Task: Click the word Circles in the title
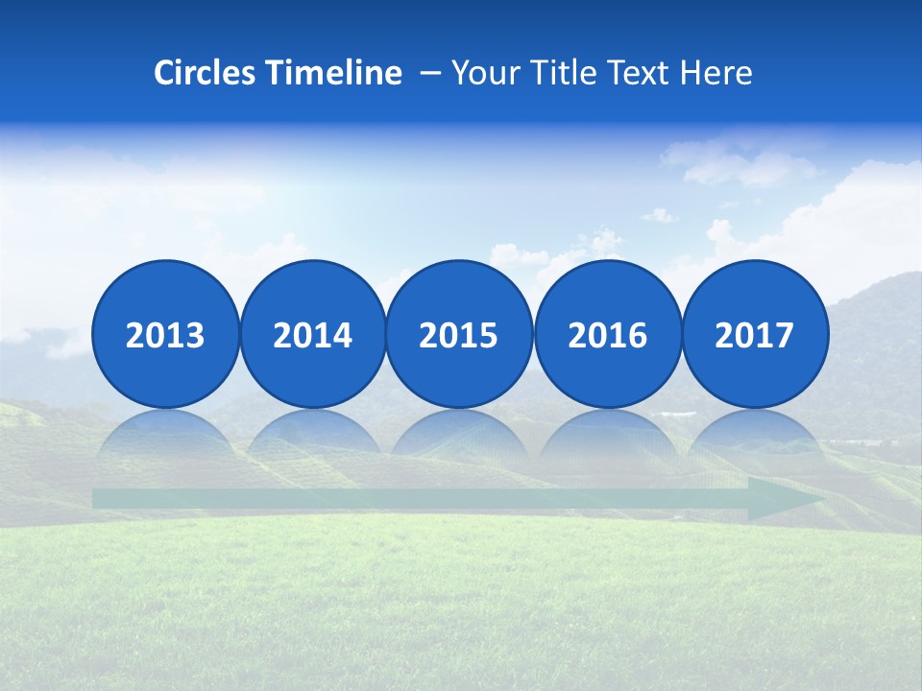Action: coord(204,73)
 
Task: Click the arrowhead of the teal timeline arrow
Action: coord(783,499)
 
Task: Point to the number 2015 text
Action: coord(459,336)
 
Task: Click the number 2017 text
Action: coord(755,336)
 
